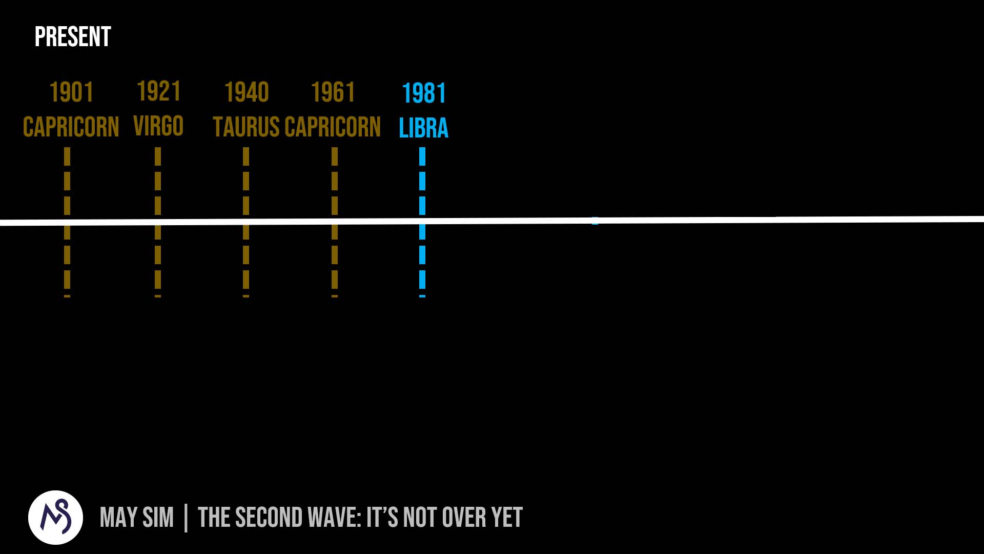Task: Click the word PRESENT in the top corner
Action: tap(73, 37)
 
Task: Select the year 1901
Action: tap(71, 92)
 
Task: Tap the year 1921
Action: tap(159, 91)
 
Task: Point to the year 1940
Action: tap(247, 92)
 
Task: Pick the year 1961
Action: tap(333, 92)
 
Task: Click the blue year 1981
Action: tap(424, 93)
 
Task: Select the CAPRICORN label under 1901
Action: tap(71, 127)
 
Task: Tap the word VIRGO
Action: tap(158, 126)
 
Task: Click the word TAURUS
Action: tap(246, 127)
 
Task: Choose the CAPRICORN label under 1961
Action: tap(333, 127)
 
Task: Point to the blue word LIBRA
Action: tap(423, 128)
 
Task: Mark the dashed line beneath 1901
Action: tap(67, 222)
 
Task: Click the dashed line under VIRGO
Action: tap(158, 222)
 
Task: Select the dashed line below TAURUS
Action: tap(246, 222)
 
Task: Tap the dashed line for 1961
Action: tap(335, 222)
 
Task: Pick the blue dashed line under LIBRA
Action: tap(422, 222)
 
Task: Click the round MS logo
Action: tap(55, 517)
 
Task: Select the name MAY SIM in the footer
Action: tap(137, 517)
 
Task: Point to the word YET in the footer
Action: tap(507, 517)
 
